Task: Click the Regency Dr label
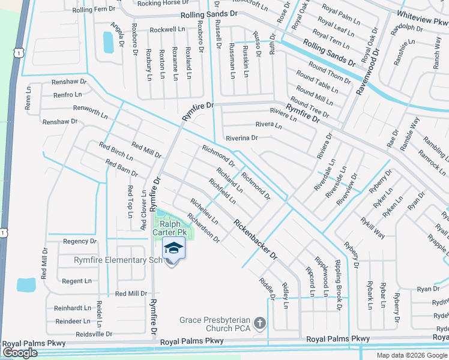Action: [79, 241]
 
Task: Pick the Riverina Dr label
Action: [241, 137]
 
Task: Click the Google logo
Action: [20, 353]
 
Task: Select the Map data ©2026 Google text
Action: [412, 355]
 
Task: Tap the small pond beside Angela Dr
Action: [109, 43]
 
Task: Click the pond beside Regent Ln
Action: [26, 284]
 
